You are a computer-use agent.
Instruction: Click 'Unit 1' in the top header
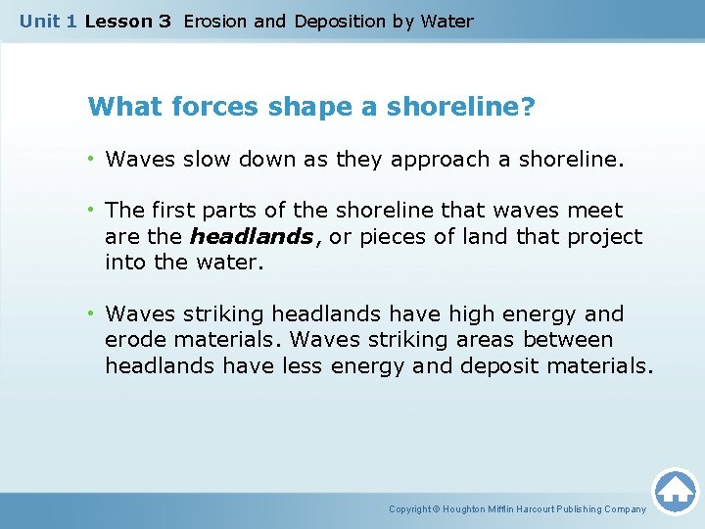point(48,21)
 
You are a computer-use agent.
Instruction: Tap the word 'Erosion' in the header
point(214,21)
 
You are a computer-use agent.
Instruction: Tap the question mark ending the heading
point(528,106)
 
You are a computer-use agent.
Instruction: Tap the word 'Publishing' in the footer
point(579,509)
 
